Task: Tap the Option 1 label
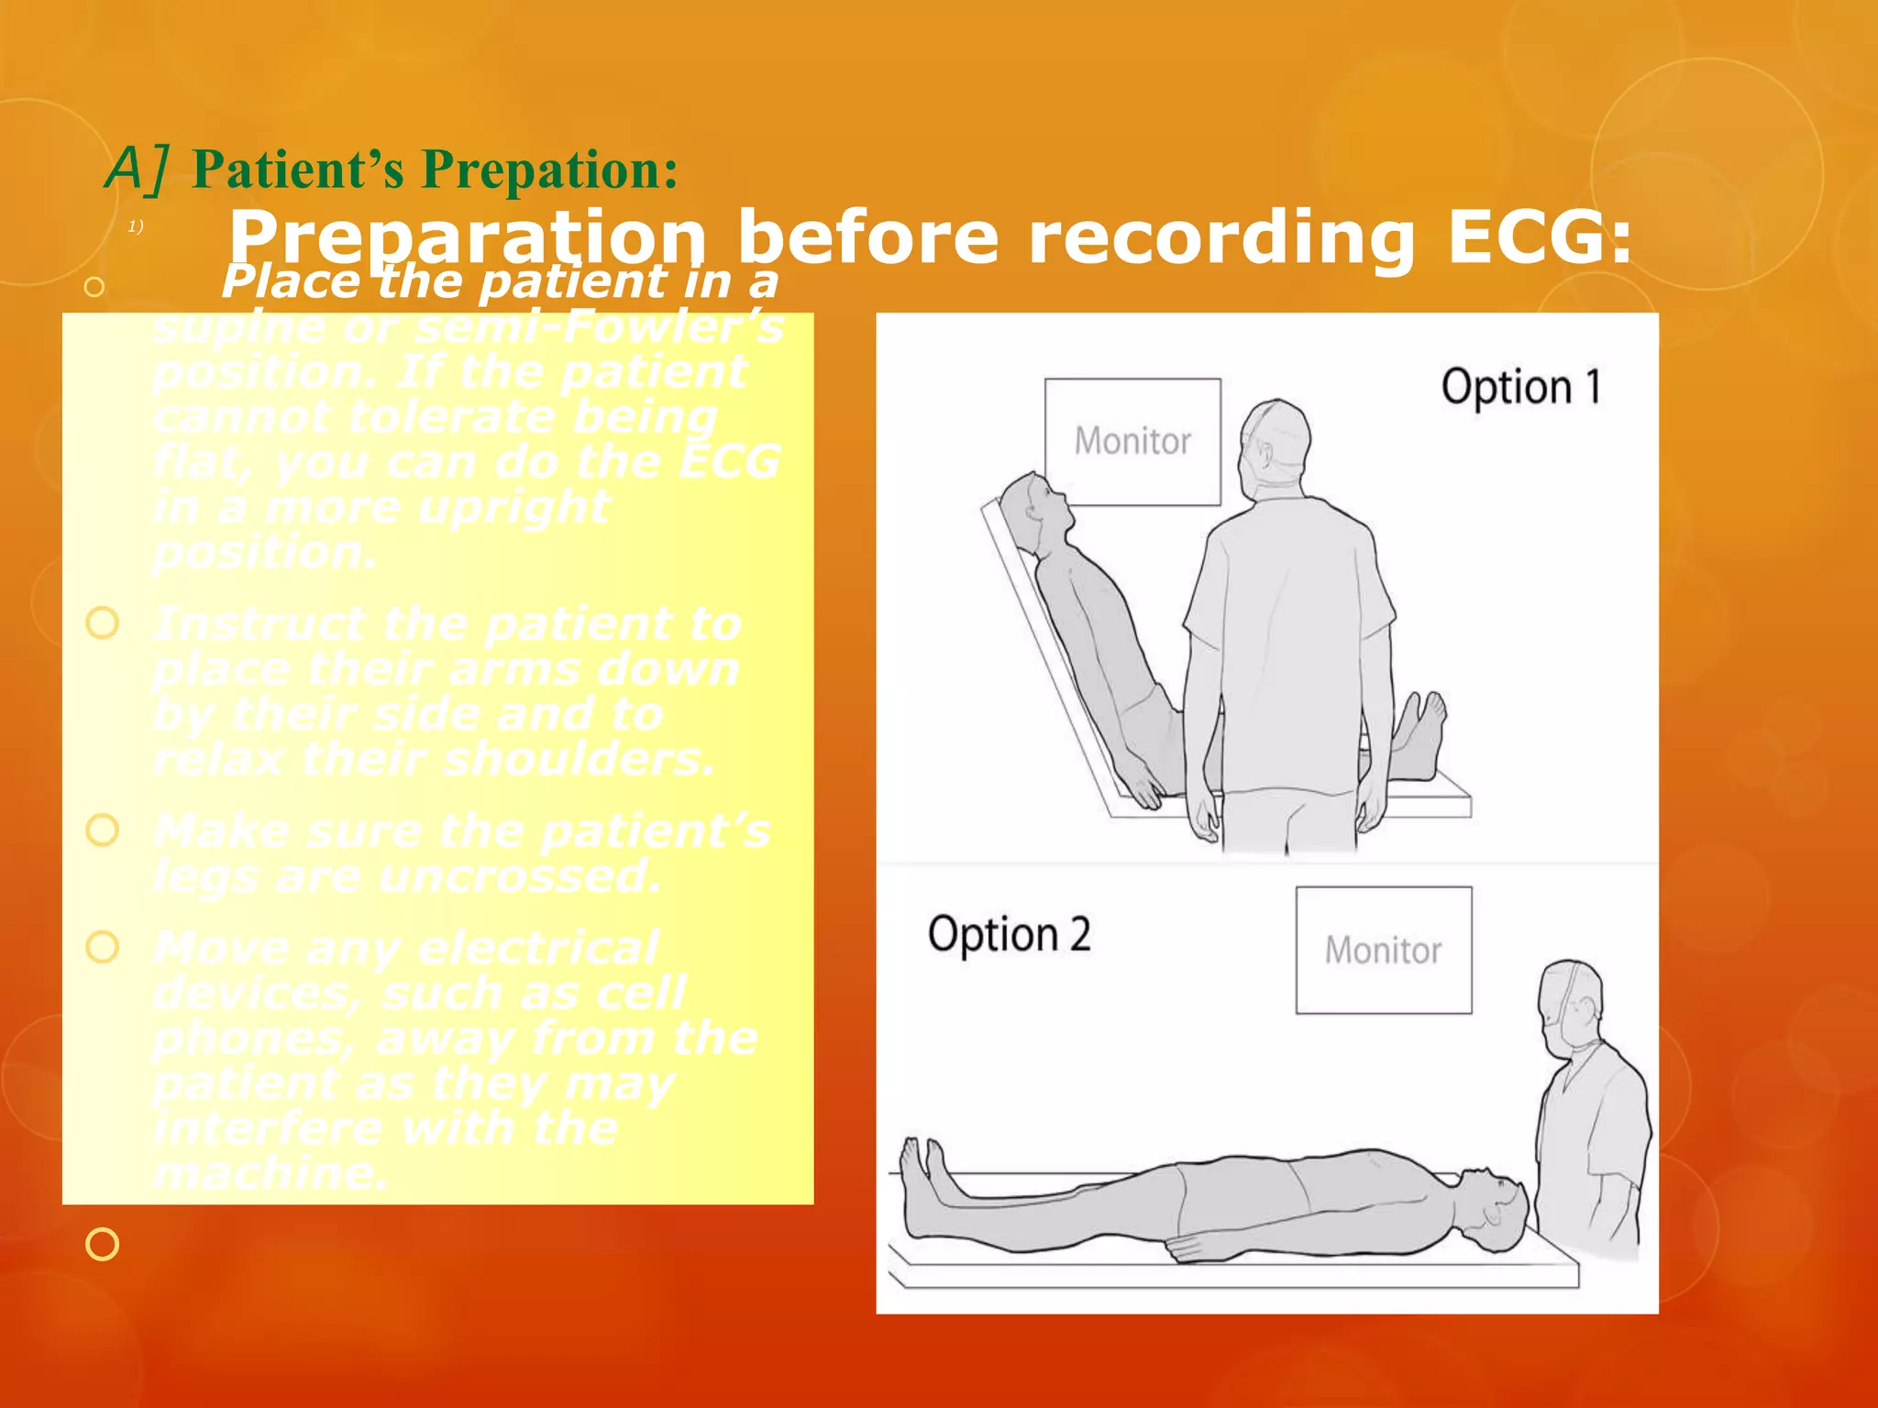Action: [1520, 387]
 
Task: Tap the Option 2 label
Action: [1009, 935]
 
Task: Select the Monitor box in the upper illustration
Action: [1132, 442]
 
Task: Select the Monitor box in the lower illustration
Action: [1383, 951]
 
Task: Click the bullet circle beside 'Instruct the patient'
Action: [102, 623]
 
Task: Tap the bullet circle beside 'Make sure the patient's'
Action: [102, 830]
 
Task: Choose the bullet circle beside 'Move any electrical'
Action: [102, 947]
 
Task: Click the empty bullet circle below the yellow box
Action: [102, 1244]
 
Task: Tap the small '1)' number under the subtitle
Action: [135, 226]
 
